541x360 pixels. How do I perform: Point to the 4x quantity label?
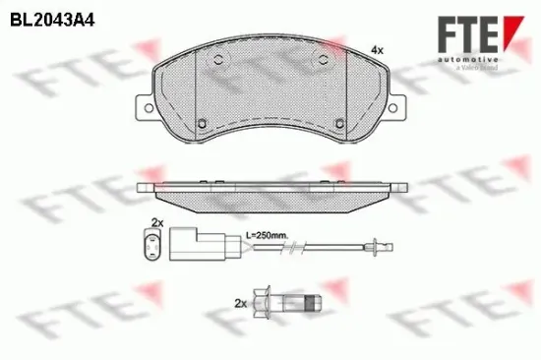tap(375, 49)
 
